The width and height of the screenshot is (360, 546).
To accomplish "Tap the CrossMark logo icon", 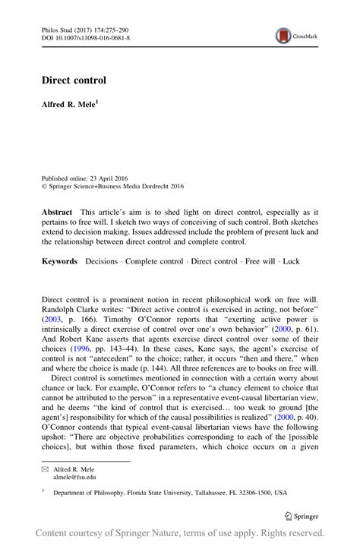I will (x=283, y=35).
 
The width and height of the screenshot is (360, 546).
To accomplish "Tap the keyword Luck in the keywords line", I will (x=291, y=261).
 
